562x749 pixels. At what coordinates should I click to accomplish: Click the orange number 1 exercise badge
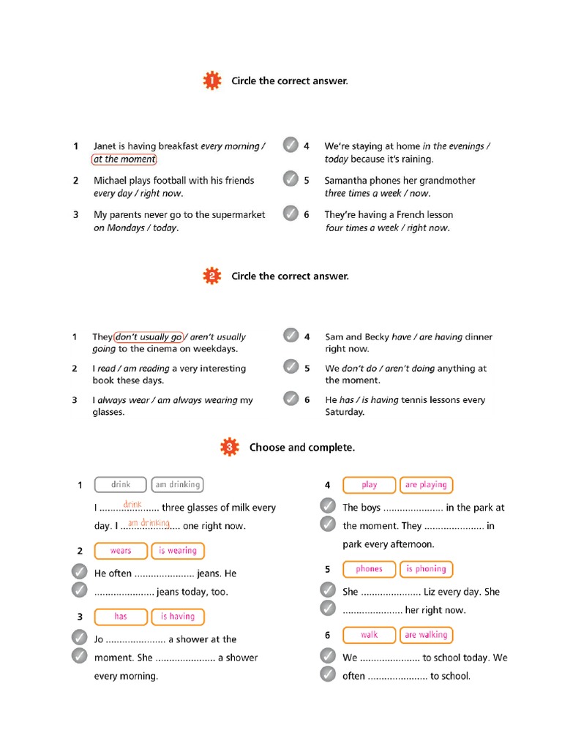tap(211, 81)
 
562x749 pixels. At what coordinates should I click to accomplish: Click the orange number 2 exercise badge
tap(211, 276)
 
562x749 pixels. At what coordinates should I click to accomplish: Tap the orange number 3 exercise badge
tap(230, 447)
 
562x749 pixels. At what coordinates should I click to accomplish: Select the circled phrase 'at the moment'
tap(124, 159)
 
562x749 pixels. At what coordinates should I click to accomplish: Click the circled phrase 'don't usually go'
tap(149, 337)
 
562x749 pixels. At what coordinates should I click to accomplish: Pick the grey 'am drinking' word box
tap(177, 484)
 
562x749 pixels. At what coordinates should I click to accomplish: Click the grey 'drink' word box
tap(121, 484)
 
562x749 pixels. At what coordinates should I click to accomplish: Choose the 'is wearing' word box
tap(178, 551)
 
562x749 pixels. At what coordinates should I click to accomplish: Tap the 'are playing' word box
tap(426, 484)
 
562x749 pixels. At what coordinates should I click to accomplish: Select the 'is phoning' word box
tap(426, 569)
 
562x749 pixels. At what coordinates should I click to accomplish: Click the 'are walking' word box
tap(426, 635)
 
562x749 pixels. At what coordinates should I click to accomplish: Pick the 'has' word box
tap(121, 617)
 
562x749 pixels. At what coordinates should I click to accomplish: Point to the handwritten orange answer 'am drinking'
tap(149, 523)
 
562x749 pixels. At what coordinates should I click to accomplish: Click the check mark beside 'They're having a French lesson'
tap(291, 213)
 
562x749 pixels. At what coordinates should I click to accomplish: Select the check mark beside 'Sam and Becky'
tap(291, 335)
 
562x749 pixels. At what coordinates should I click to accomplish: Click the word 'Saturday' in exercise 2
tap(344, 412)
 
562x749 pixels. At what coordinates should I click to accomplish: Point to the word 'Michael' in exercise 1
tap(110, 181)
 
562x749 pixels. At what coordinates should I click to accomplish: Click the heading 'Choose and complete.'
tap(302, 447)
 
